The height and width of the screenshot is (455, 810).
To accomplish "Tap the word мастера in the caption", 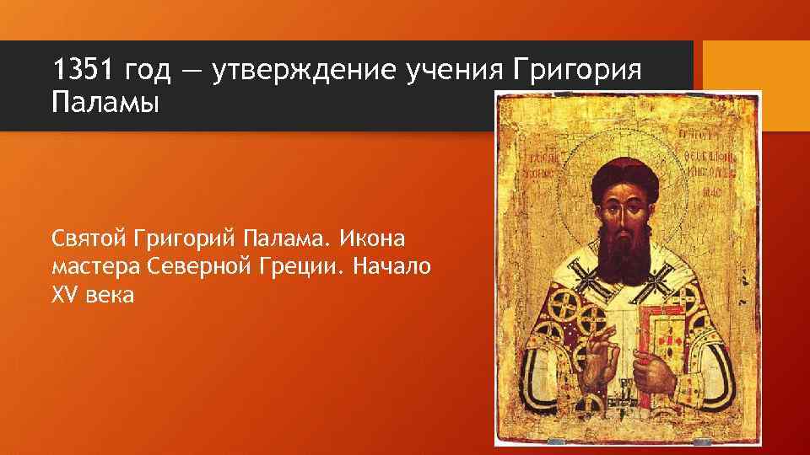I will click(94, 268).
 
